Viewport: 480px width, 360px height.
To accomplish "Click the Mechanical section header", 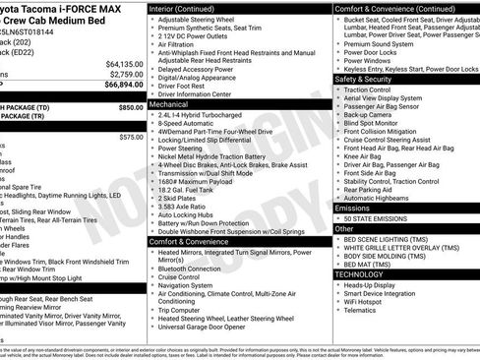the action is [x=168, y=102].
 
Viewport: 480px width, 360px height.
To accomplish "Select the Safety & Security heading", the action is [x=363, y=79].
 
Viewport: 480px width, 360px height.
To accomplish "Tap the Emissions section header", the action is [x=353, y=208].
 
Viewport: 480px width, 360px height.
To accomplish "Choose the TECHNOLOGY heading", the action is [x=360, y=274].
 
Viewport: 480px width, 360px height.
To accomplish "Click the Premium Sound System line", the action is [x=379, y=43].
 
